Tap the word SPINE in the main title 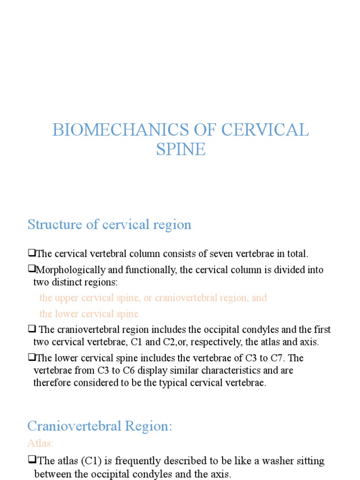coord(180,149)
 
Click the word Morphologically coord(71,270)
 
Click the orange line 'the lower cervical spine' coord(89,314)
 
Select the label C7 coord(276,358)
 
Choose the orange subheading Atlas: coord(40,442)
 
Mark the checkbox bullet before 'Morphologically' coord(31,269)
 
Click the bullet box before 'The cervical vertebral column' coord(31,253)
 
